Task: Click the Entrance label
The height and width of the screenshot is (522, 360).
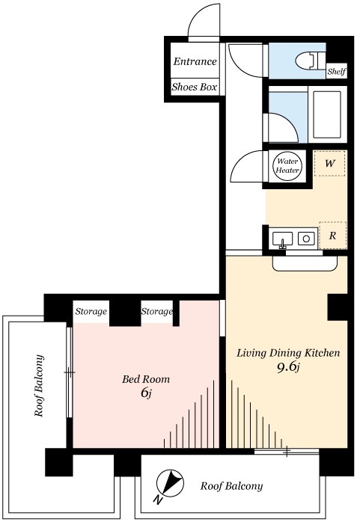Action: [195, 61]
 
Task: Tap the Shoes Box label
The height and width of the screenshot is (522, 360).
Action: [195, 87]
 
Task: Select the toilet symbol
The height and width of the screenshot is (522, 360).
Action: [310, 61]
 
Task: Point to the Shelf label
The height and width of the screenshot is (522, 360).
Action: [336, 71]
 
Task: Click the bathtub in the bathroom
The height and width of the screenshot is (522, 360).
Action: [327, 114]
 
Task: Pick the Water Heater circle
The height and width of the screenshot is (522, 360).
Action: [287, 166]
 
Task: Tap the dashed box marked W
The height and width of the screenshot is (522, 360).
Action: [330, 164]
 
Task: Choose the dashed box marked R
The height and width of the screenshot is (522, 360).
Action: [332, 236]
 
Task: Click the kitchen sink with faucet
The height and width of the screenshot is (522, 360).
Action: [282, 239]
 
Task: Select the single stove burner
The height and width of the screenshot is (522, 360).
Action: [306, 239]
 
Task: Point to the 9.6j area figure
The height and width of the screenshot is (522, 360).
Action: [288, 367]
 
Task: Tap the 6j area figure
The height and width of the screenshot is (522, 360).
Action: [146, 393]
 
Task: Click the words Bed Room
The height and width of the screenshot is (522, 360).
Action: [146, 379]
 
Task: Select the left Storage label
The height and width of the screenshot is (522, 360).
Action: [91, 312]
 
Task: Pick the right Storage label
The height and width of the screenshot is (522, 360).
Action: [157, 312]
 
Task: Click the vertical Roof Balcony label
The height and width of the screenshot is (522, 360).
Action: [39, 386]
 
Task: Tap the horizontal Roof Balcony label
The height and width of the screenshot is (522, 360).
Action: [231, 486]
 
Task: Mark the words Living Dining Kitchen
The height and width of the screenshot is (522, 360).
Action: [288, 353]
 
